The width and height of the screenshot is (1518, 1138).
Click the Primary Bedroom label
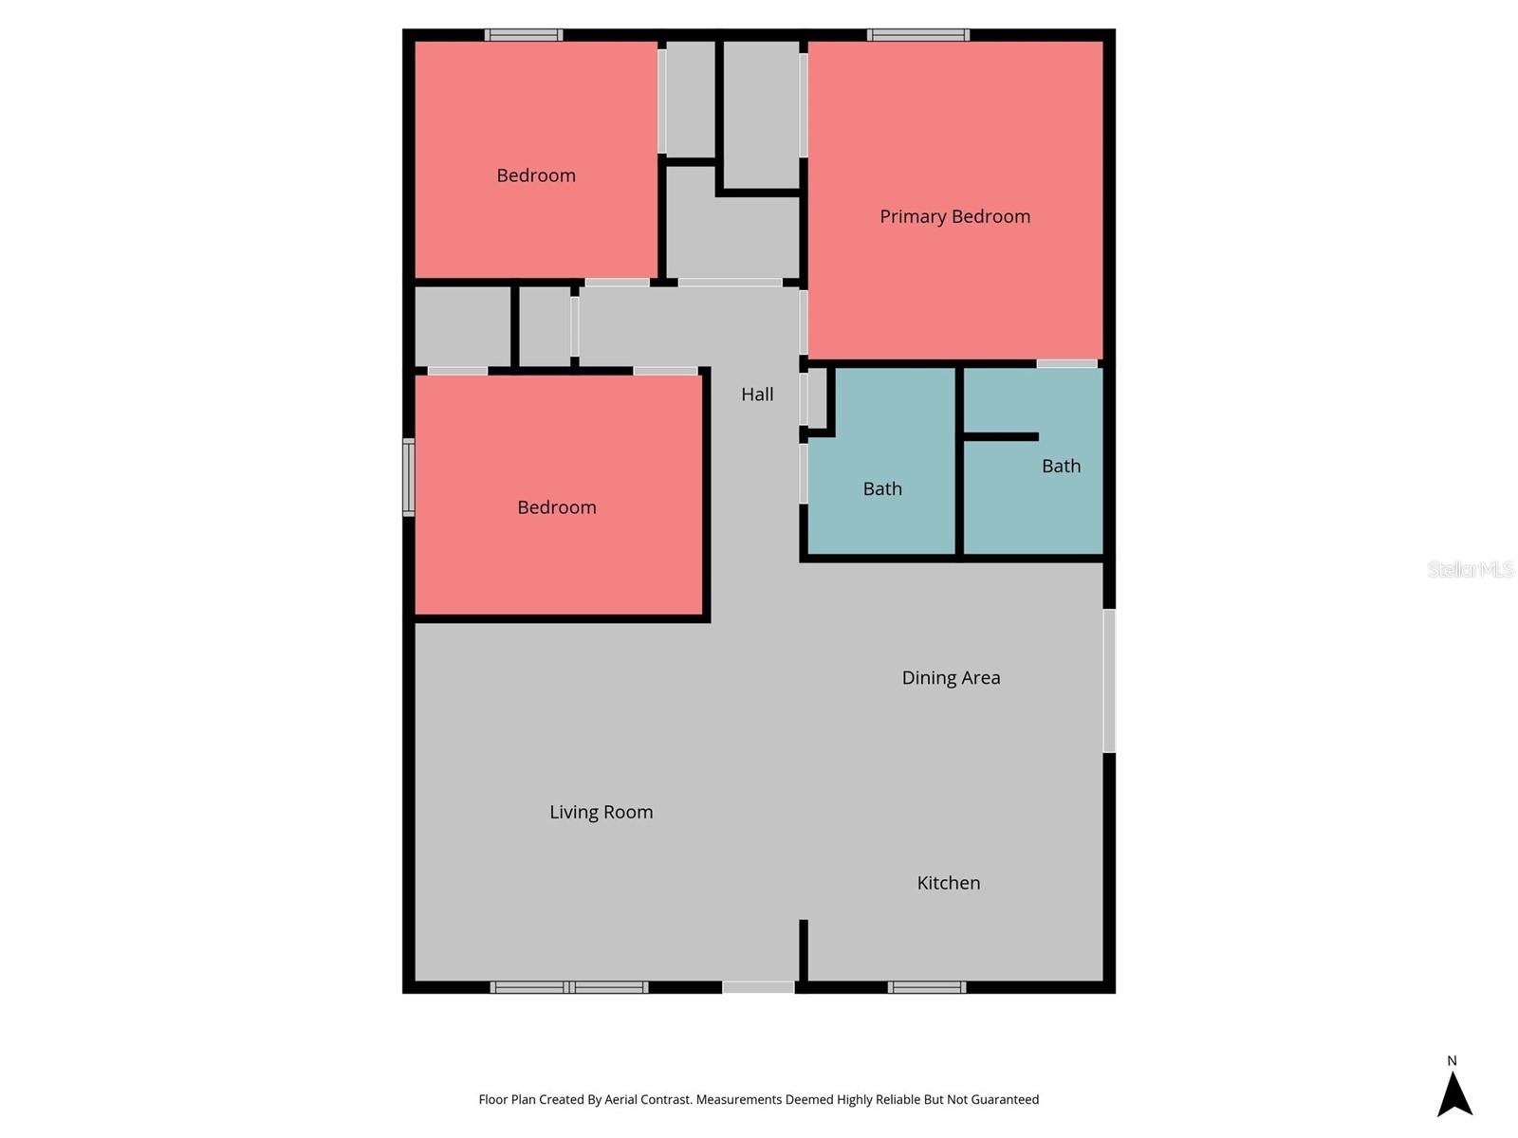point(954,216)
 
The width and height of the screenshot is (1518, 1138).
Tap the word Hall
point(757,395)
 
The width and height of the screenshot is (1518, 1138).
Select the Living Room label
point(601,812)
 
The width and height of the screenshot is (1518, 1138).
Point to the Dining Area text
point(951,677)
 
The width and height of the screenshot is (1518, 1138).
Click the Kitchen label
point(948,883)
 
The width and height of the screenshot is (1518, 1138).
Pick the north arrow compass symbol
point(1453,1092)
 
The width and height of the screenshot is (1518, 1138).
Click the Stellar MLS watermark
point(1470,569)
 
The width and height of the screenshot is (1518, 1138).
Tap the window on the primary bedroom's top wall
point(917,35)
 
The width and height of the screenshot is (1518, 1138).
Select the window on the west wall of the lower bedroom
point(409,477)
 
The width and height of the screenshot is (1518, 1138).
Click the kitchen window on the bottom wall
point(927,987)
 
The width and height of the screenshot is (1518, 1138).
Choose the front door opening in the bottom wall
point(758,987)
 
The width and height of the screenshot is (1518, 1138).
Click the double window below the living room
point(569,987)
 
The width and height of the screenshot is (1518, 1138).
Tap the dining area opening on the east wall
point(1109,680)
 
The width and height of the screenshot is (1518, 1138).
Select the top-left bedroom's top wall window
point(524,35)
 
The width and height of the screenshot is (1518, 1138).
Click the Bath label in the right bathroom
point(1061,466)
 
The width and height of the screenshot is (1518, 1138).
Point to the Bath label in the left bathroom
point(881,488)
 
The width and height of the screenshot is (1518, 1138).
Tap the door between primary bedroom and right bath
point(1066,363)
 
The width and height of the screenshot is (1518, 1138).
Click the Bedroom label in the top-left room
point(535,175)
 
